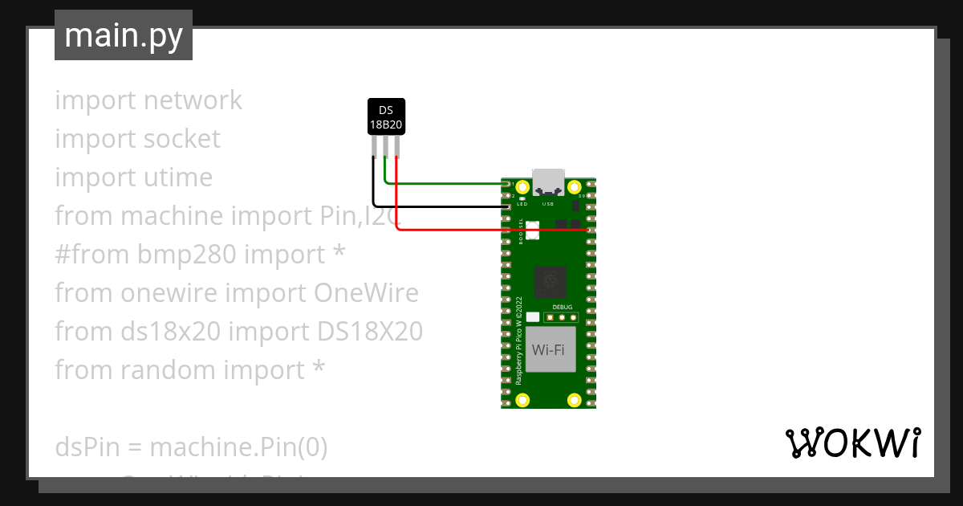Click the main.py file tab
(123, 35)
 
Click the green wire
(449, 184)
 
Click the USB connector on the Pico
(549, 183)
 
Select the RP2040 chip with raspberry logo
(551, 282)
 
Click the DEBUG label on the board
(563, 307)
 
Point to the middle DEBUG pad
(563, 317)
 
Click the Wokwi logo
(852, 443)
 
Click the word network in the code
(193, 100)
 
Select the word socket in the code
(182, 139)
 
